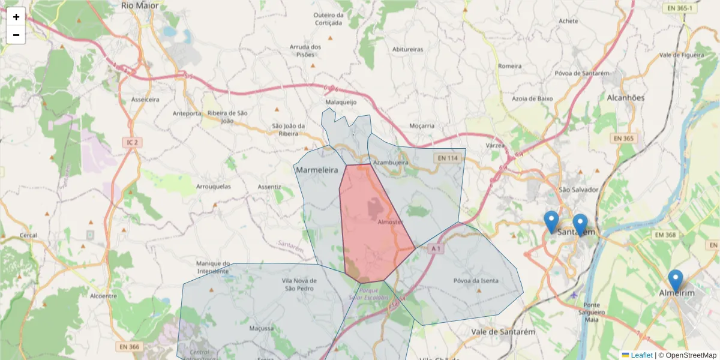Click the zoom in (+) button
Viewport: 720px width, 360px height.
(x=16, y=17)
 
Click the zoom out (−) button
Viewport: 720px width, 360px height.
(x=16, y=35)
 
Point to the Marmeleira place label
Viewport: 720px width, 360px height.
(x=317, y=170)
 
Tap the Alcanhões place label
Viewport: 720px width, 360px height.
(x=625, y=98)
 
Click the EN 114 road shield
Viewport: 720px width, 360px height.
(x=448, y=158)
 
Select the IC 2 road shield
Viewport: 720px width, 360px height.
(x=133, y=142)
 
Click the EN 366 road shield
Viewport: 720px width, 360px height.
(x=129, y=346)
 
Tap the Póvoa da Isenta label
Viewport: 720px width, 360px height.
(x=476, y=281)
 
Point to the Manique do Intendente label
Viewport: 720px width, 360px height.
(x=213, y=267)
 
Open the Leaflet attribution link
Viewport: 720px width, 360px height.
(x=641, y=355)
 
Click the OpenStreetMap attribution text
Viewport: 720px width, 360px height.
(x=691, y=355)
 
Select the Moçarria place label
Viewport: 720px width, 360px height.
(x=421, y=126)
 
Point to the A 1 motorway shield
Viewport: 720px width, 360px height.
(x=436, y=248)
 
